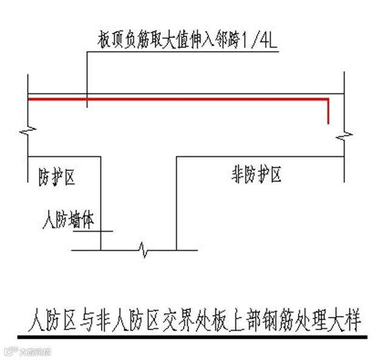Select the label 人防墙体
(67, 218)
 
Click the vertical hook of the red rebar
(329, 111)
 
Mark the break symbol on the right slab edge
(345, 133)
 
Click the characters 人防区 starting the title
(48, 319)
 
